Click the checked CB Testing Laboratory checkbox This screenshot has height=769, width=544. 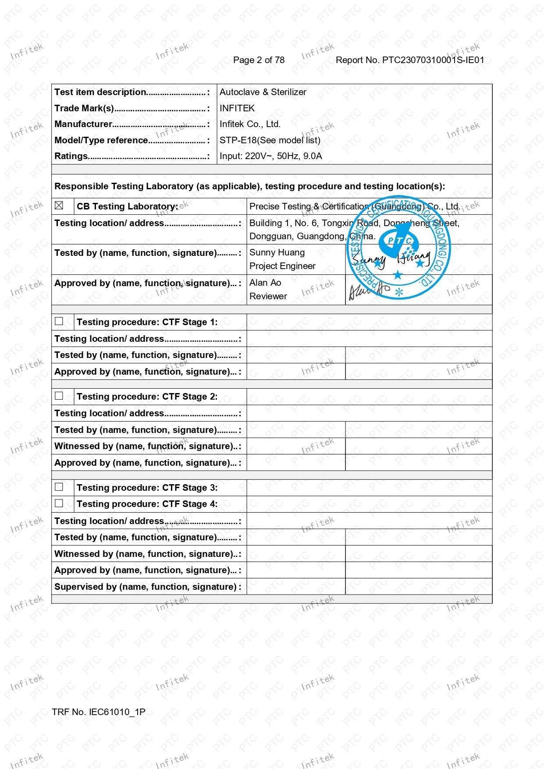(59, 206)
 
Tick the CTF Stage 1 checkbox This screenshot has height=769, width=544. (59, 321)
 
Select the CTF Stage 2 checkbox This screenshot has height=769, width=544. (59, 396)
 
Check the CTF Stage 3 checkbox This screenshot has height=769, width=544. (59, 487)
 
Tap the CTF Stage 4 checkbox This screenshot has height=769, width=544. (59, 503)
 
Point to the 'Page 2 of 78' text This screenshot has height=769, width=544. (259, 60)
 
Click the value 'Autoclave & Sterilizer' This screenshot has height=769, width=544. (263, 92)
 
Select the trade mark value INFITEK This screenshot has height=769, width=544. (237, 108)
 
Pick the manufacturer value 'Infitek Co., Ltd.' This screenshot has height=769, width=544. (250, 124)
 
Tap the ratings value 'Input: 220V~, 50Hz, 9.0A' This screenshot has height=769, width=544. (270, 156)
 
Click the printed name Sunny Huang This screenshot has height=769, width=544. (277, 252)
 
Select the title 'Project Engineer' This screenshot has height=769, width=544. (282, 266)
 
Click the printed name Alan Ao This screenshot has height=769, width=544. (265, 283)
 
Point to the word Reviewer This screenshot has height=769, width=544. (268, 296)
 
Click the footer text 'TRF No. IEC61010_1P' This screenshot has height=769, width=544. (98, 712)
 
